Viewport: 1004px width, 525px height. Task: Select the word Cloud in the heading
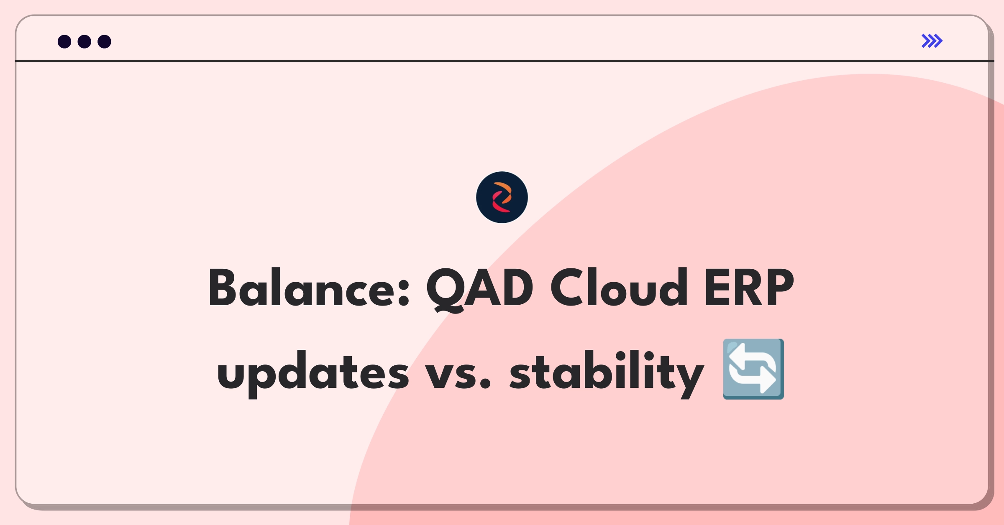point(619,287)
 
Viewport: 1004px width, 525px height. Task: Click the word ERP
point(749,288)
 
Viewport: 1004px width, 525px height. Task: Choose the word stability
point(607,373)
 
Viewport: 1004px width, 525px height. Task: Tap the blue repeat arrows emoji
point(753,369)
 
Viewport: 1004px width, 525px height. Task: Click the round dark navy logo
point(502,197)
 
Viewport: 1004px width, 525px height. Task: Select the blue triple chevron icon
point(932,41)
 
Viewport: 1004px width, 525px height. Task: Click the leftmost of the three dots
point(64,41)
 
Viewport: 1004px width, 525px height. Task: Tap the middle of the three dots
point(85,41)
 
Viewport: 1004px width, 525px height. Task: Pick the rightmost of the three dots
point(105,41)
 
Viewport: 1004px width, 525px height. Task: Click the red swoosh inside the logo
point(499,204)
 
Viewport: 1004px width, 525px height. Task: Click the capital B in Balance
point(223,288)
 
